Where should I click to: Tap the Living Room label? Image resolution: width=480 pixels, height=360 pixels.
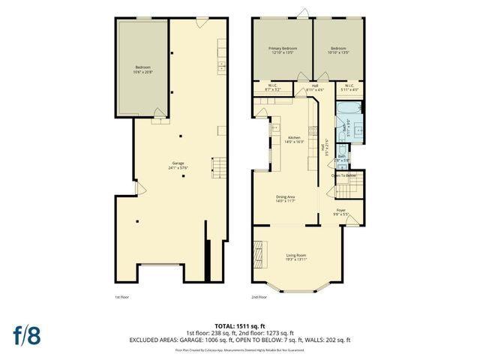[296, 257]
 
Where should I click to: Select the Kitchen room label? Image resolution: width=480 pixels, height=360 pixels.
[294, 139]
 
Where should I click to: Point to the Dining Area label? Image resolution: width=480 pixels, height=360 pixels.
[285, 199]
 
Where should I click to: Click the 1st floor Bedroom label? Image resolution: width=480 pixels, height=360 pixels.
[142, 70]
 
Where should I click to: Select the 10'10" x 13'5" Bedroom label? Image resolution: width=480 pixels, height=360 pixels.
[338, 50]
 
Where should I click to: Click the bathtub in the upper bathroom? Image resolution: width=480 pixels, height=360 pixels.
[344, 113]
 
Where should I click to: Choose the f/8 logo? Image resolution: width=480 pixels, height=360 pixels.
[25, 334]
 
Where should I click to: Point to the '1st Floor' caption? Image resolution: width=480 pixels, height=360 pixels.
[122, 296]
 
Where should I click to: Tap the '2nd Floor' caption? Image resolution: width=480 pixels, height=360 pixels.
[259, 296]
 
